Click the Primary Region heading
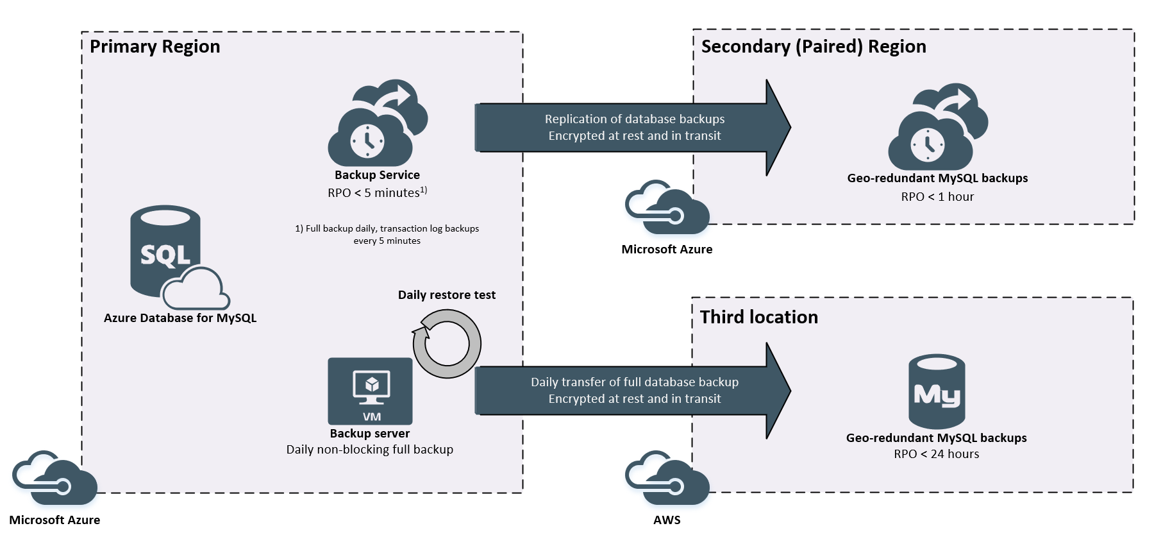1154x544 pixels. (155, 47)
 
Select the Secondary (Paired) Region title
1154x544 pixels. (813, 47)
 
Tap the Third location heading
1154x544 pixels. (758, 318)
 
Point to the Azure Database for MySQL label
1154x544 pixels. (180, 318)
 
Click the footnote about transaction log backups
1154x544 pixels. (387, 235)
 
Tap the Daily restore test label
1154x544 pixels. (446, 295)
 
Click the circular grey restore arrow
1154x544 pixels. (447, 344)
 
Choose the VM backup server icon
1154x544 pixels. (370, 391)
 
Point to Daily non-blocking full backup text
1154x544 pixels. (369, 450)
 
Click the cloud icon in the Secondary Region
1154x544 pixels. (937, 128)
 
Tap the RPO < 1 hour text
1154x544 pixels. (937, 197)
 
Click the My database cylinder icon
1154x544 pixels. (937, 391)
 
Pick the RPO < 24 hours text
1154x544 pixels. (936, 454)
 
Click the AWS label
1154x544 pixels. (667, 520)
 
